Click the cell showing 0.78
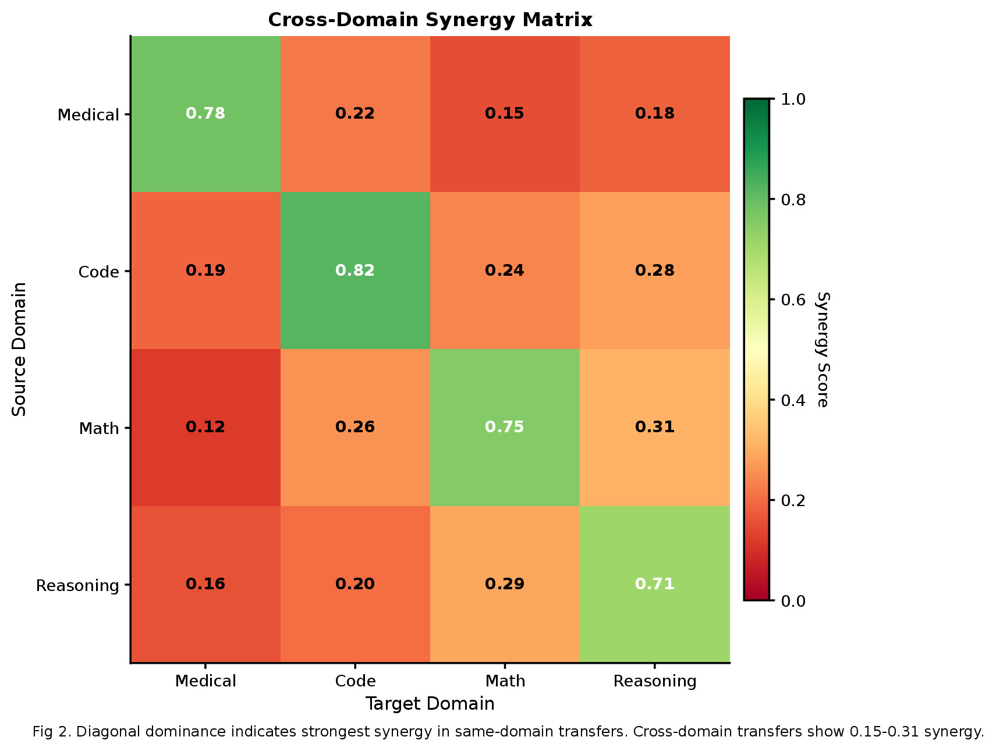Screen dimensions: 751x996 205,113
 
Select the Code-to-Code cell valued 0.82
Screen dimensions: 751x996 355,270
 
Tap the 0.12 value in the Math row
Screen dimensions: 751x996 205,427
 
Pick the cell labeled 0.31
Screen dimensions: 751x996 654,427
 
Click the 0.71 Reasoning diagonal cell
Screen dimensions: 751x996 654,584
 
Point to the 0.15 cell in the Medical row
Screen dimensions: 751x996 505,113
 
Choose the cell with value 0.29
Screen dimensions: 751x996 505,584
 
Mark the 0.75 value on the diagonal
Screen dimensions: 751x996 505,427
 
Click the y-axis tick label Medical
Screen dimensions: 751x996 88,115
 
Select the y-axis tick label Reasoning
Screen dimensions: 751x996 77,586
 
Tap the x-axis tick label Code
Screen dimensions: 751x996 355,681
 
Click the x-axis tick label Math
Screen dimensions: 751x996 505,681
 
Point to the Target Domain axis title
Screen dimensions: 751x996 430,704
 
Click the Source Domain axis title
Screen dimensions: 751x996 20,349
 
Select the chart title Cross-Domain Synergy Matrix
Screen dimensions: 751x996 430,20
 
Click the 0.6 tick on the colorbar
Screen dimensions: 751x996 793,300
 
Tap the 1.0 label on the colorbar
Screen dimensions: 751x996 793,99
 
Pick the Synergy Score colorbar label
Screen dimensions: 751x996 822,349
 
